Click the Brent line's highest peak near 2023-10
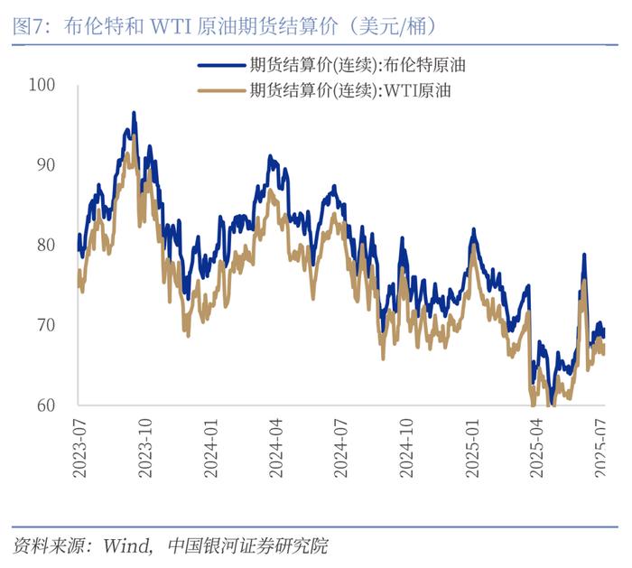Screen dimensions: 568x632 134,114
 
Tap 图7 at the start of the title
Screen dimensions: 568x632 29,24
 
